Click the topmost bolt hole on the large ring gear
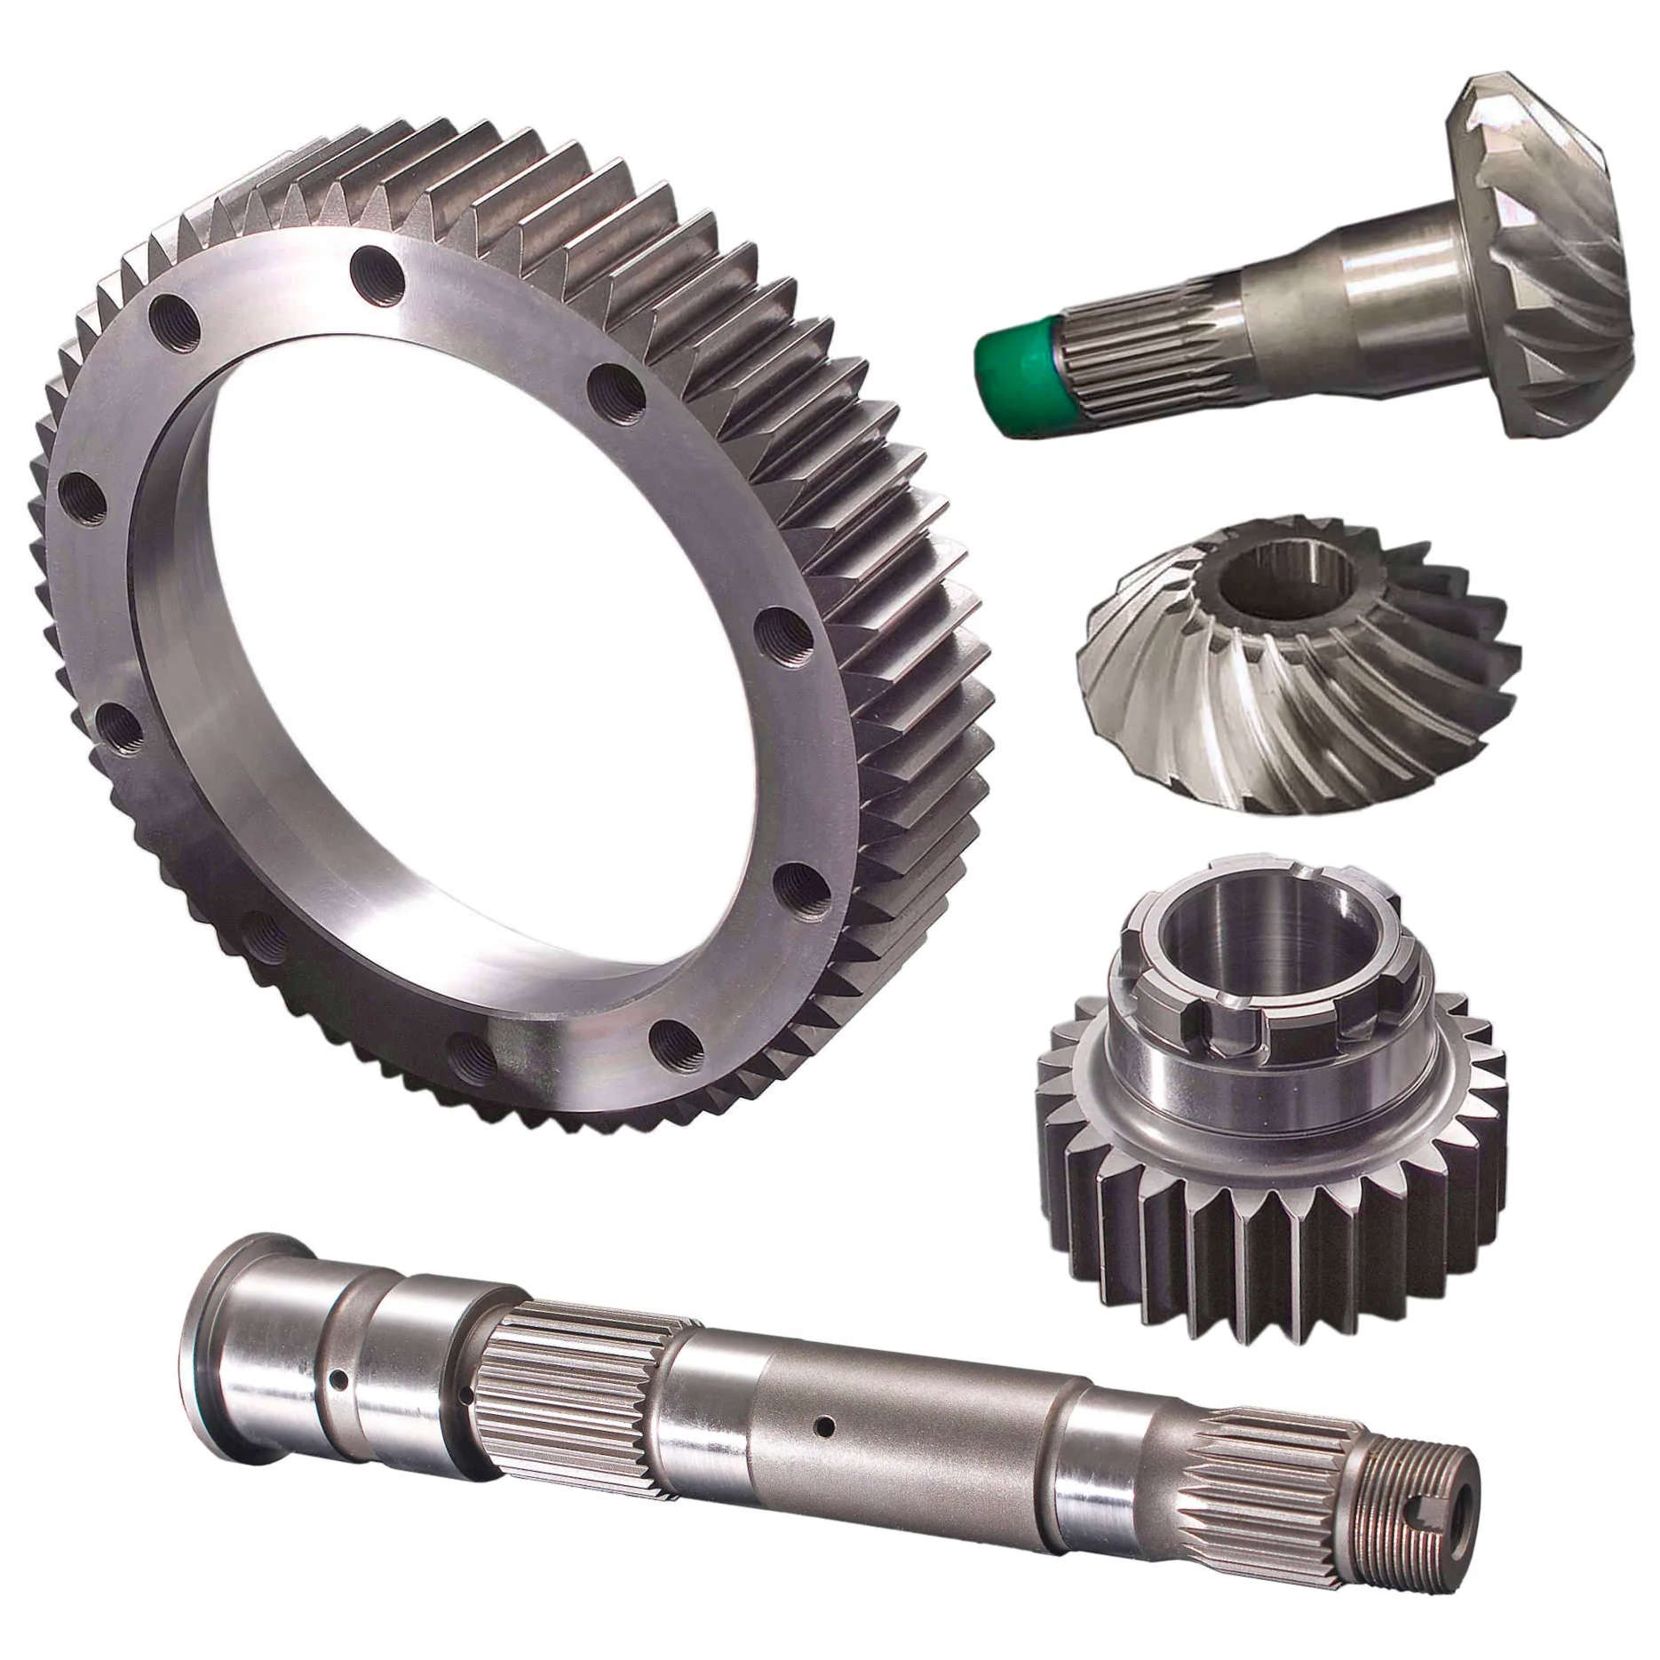[x=378, y=265]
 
